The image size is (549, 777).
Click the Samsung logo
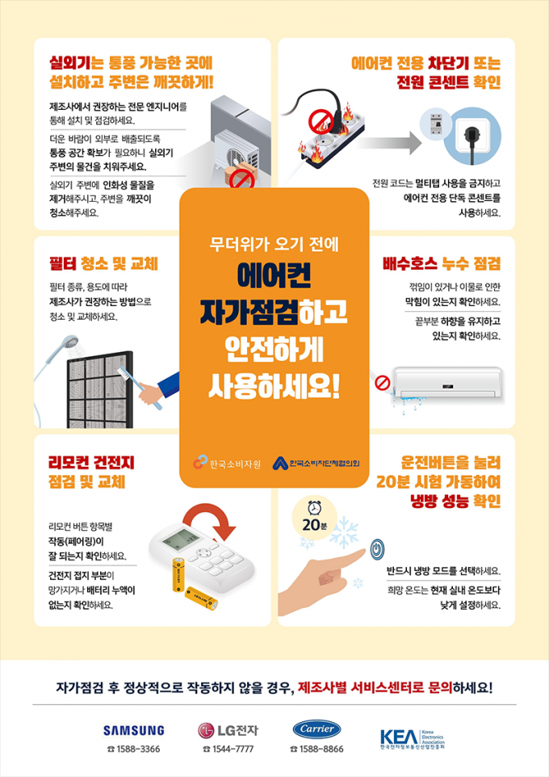click(133, 730)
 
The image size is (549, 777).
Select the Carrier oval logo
click(316, 729)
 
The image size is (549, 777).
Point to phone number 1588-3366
click(134, 750)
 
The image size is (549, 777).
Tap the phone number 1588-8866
click(316, 750)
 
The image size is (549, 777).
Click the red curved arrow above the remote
click(208, 520)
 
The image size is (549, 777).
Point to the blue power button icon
click(376, 551)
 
